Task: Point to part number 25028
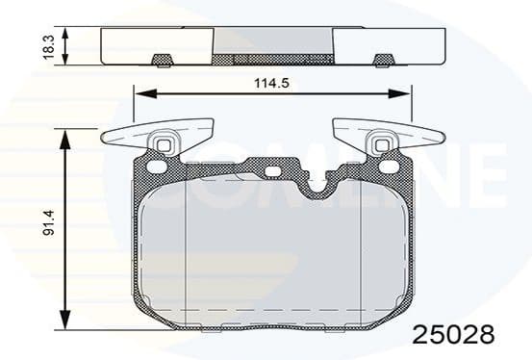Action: [453, 335]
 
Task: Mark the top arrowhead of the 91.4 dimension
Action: [65, 138]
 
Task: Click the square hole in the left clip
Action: [163, 147]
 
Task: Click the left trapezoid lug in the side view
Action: [162, 61]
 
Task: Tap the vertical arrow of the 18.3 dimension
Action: [65, 45]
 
